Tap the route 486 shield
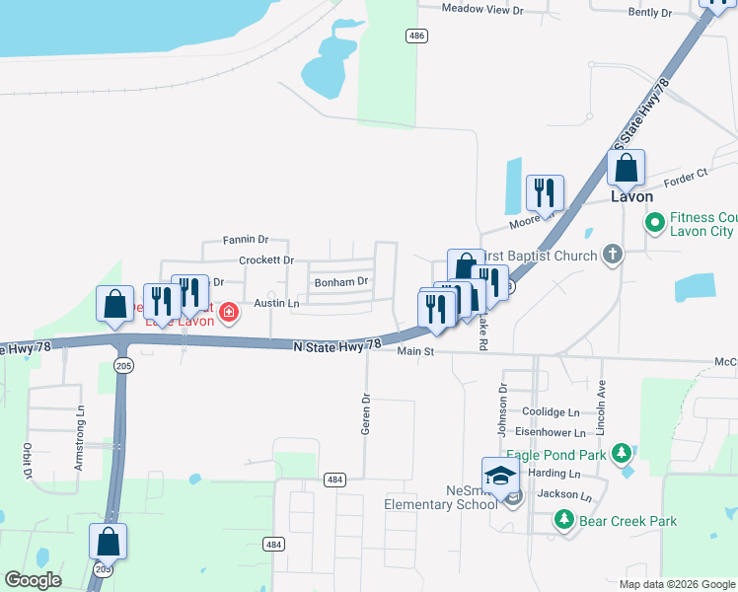click(x=416, y=36)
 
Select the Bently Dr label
click(x=649, y=13)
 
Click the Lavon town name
click(x=631, y=196)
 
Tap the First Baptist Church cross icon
click(x=613, y=256)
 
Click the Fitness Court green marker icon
click(x=654, y=224)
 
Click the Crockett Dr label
click(x=266, y=260)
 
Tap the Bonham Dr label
click(x=340, y=281)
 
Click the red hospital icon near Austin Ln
click(x=229, y=313)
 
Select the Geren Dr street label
click(x=366, y=414)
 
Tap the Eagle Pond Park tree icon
click(x=621, y=453)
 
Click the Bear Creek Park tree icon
click(x=563, y=518)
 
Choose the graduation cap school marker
click(x=500, y=476)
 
